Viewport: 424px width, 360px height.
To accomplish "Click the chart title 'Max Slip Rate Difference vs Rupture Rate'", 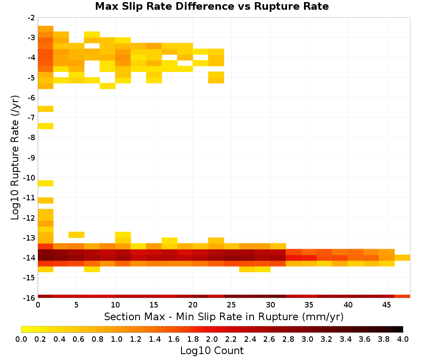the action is pyautogui.click(x=212, y=6).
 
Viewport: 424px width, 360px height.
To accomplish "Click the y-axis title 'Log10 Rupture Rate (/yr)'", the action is pyautogui.click(x=15, y=158).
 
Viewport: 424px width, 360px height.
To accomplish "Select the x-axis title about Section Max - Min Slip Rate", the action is pyautogui.click(x=223, y=316).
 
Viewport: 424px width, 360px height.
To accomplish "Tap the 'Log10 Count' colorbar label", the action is pyautogui.click(x=212, y=351).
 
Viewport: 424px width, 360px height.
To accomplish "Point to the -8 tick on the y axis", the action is pyautogui.click(x=32, y=138).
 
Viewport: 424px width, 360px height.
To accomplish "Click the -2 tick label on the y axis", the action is pyautogui.click(x=32, y=18).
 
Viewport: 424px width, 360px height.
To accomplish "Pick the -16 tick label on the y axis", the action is pyautogui.click(x=30, y=298).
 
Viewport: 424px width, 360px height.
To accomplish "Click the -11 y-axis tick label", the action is pyautogui.click(x=30, y=198).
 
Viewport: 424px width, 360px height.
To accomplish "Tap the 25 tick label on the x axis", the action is pyautogui.click(x=231, y=305).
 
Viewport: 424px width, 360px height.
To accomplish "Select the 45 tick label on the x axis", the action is pyautogui.click(x=386, y=305).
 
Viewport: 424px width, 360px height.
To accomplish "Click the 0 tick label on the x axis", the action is pyautogui.click(x=38, y=305).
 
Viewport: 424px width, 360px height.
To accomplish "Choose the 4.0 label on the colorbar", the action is pyautogui.click(x=403, y=339).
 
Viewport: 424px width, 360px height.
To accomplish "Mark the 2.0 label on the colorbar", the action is pyautogui.click(x=212, y=339).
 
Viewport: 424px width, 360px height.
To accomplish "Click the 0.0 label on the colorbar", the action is pyautogui.click(x=21, y=339).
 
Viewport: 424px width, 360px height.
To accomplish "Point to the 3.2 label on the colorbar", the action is pyautogui.click(x=326, y=339).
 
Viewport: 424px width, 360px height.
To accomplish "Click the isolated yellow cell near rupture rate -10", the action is pyautogui.click(x=46, y=183).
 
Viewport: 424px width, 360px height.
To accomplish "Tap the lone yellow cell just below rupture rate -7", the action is pyautogui.click(x=46, y=126).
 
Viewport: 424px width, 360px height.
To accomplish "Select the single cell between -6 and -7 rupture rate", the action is pyautogui.click(x=46, y=109).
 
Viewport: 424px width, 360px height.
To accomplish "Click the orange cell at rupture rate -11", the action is pyautogui.click(x=46, y=200).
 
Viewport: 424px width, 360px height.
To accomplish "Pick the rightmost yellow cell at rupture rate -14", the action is pyautogui.click(x=402, y=258).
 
